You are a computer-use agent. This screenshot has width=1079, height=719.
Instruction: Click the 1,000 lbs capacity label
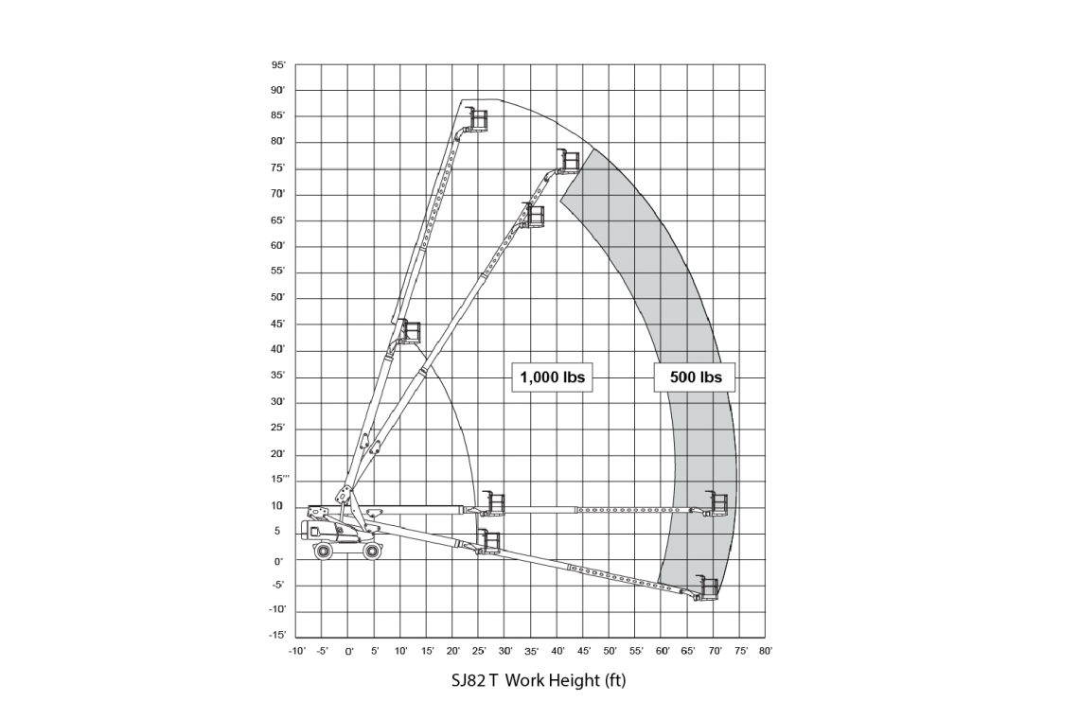pos(552,377)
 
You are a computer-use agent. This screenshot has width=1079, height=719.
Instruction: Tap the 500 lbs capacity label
pos(695,377)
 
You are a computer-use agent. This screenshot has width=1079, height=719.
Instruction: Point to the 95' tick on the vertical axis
pos(278,65)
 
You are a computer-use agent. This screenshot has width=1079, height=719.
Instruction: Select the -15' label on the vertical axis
pos(277,635)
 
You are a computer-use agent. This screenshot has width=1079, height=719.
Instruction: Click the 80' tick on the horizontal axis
pos(765,651)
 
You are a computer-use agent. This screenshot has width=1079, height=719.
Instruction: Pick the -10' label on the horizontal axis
pos(296,651)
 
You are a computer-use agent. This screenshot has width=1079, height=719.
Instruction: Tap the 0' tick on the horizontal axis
pos(349,651)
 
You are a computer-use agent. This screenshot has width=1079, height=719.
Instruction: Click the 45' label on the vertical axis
pos(278,324)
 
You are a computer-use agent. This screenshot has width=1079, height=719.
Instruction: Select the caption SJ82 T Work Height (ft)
pos(539,680)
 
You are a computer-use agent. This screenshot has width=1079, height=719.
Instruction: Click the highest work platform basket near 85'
pos(477,119)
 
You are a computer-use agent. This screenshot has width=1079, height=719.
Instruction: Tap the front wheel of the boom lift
pos(372,551)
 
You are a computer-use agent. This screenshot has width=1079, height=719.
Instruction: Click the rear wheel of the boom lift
pos(323,551)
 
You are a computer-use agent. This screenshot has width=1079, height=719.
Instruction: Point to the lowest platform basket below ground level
pos(706,587)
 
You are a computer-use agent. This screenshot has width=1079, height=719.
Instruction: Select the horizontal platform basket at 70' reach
pos(716,503)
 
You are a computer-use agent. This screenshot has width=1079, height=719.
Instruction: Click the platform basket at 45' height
pos(410,331)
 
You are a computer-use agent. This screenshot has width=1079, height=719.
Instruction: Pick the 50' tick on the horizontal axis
pos(610,651)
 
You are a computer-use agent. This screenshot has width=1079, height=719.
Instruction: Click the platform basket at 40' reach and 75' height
pos(568,160)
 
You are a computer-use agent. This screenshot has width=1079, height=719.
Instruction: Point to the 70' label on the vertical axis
pos(278,194)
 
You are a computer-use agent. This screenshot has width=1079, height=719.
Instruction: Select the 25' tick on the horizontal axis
pos(480,651)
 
